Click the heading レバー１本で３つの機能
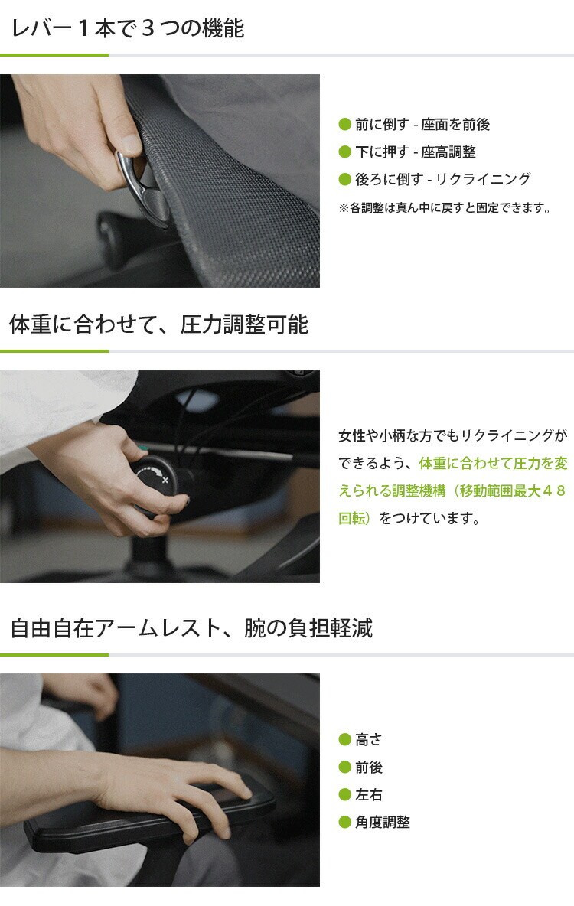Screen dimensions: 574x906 pyautogui.click(x=128, y=28)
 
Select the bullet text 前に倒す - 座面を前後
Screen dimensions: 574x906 pyautogui.click(x=422, y=124)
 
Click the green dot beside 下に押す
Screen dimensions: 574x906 pyautogui.click(x=345, y=152)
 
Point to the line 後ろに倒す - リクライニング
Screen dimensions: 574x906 pyautogui.click(x=443, y=179)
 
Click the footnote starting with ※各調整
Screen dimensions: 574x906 pyautogui.click(x=445, y=207)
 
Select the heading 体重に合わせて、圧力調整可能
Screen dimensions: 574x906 pyautogui.click(x=159, y=324)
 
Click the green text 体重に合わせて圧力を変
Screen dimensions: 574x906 pyautogui.click(x=494, y=463)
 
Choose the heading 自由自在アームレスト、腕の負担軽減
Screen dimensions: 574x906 pyautogui.click(x=191, y=628)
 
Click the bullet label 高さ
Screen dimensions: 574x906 pyautogui.click(x=369, y=739)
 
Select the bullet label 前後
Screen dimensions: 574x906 pyautogui.click(x=369, y=767)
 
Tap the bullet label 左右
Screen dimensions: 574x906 pyautogui.click(x=369, y=794)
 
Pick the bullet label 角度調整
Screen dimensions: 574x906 pyautogui.click(x=383, y=822)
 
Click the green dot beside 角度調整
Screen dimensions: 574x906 pyautogui.click(x=345, y=822)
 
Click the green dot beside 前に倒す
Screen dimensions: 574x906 pyautogui.click(x=345, y=124)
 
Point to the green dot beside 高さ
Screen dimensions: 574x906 pyautogui.click(x=345, y=739)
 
